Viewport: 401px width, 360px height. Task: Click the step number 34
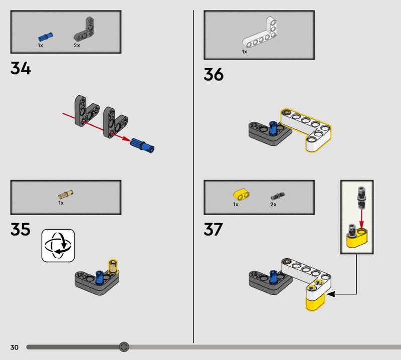tap(21, 68)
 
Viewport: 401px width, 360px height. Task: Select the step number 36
tap(214, 75)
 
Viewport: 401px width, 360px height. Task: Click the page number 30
tap(14, 347)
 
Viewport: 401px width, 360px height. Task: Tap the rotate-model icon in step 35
tap(58, 245)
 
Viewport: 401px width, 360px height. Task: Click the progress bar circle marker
tap(124, 346)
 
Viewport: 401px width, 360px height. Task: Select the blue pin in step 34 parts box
tap(46, 37)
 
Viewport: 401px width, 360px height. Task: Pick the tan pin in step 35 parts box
tap(66, 195)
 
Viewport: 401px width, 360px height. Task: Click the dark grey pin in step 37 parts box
tap(276, 195)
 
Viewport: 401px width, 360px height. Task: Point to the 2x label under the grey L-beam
tap(77, 45)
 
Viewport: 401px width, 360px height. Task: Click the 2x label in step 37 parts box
tap(273, 205)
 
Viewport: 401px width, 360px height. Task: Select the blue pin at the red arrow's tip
tap(143, 145)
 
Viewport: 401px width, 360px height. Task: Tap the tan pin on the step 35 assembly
tap(113, 265)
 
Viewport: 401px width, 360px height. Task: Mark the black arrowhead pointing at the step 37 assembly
tap(331, 294)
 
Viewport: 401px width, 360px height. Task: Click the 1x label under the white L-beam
tap(245, 52)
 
